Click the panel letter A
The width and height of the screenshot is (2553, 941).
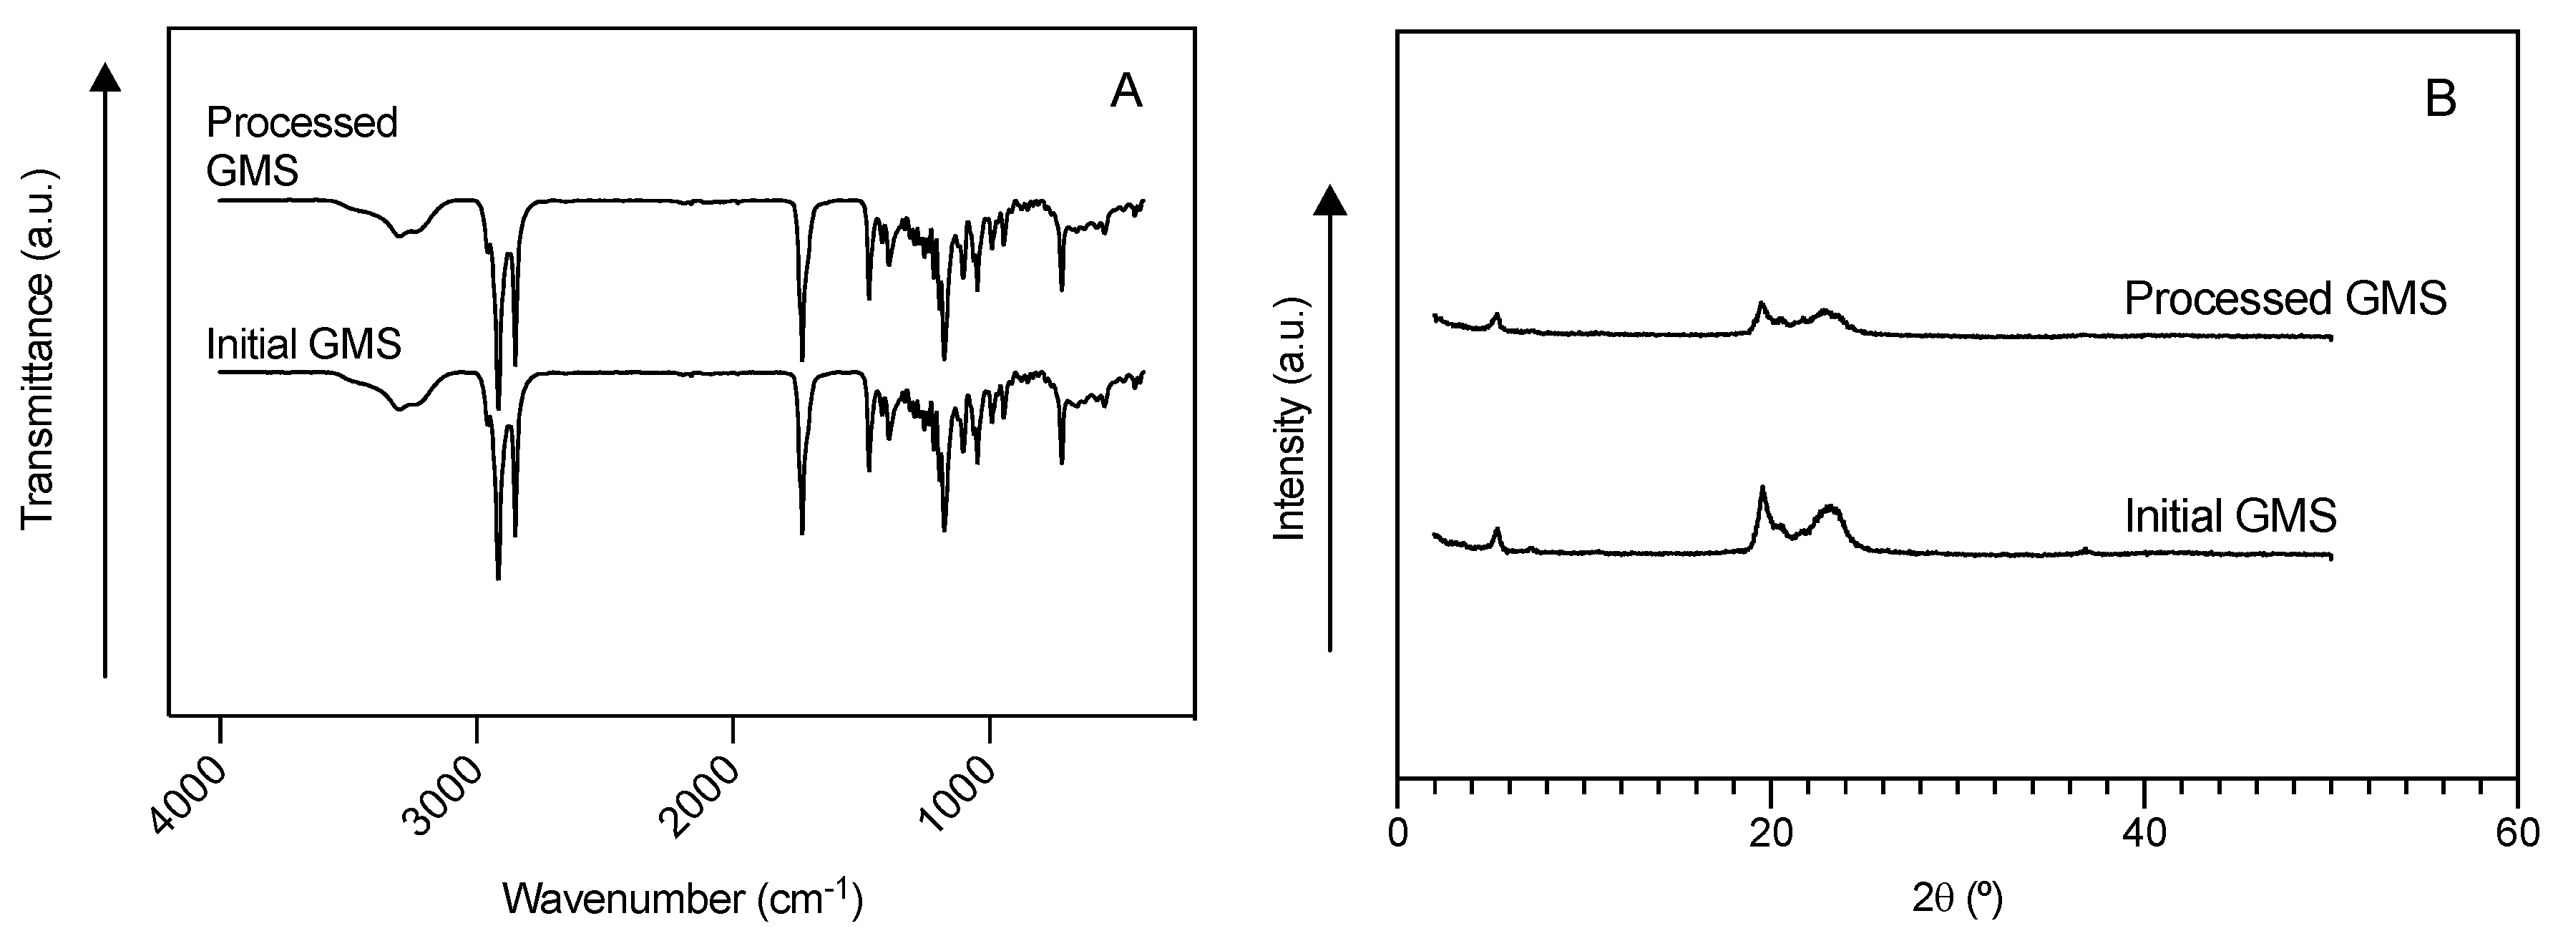1127,92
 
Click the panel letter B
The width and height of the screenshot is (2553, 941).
2441,100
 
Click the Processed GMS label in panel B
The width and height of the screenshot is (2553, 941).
2285,298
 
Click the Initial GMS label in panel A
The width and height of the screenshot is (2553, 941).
303,344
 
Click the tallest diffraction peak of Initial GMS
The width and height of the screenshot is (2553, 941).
1762,488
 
